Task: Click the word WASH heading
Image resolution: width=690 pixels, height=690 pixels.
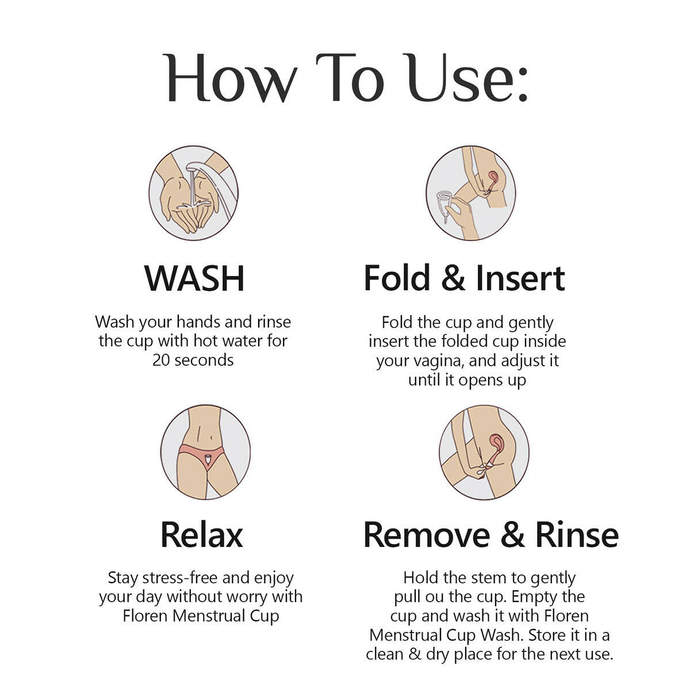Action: coord(194,278)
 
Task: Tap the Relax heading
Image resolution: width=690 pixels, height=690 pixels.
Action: coord(202,535)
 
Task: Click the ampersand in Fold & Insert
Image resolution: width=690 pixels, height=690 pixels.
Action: coord(453,278)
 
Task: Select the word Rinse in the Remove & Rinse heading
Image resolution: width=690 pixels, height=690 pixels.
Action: coord(577,535)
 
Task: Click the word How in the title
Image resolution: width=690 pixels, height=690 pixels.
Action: coord(230,78)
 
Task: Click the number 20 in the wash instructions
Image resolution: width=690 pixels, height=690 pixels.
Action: coord(161,360)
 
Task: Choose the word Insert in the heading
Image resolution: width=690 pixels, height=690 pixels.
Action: coord(520,278)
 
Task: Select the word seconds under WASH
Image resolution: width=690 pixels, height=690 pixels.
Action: coord(204,360)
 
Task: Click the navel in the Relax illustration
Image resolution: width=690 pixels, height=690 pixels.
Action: coord(212,437)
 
